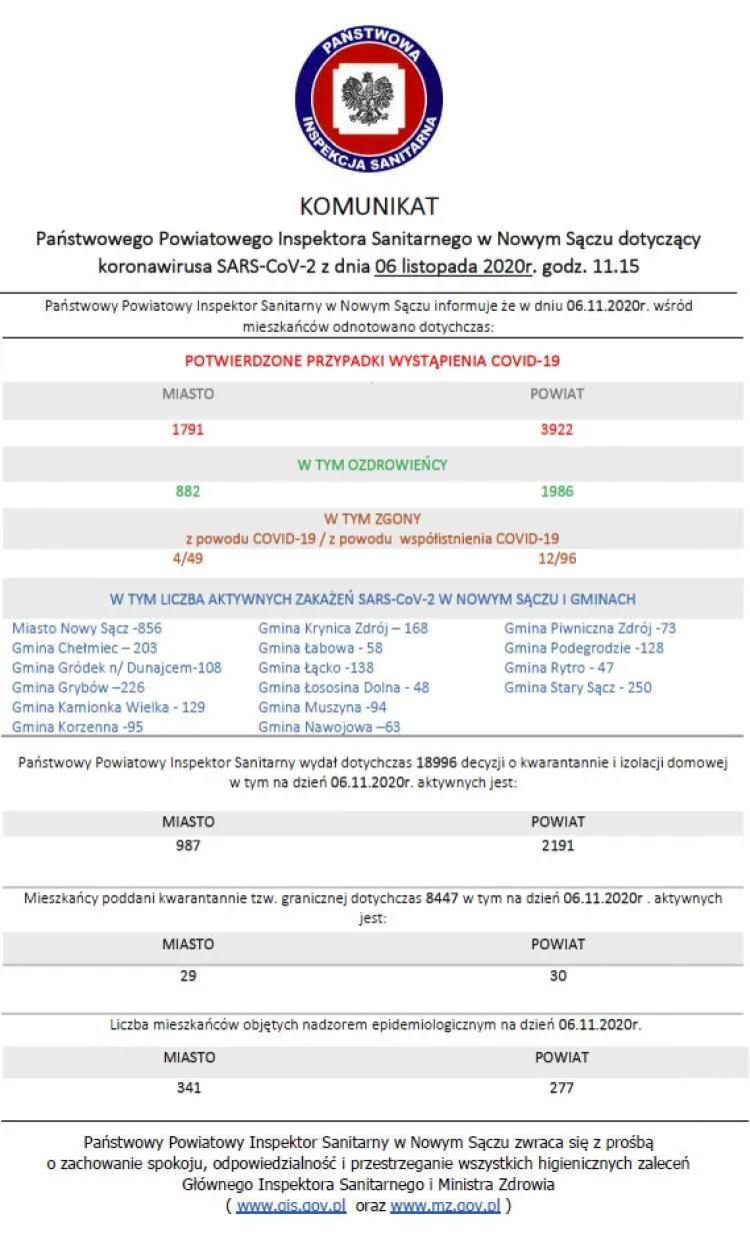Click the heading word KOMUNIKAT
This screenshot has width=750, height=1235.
[x=369, y=206]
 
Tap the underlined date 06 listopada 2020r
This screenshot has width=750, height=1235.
[x=456, y=267]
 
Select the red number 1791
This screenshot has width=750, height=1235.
[x=188, y=430]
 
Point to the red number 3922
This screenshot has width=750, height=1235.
[x=557, y=430]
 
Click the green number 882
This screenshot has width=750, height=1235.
[x=188, y=491]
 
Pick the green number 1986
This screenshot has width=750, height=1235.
[x=557, y=491]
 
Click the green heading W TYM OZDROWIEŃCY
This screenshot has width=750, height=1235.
[x=372, y=465]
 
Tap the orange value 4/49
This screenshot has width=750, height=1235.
[x=188, y=558]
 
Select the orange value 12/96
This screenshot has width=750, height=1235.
[x=557, y=558]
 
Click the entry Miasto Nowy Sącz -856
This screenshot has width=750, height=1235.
[x=87, y=628]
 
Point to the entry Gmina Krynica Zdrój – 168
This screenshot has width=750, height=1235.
[x=343, y=628]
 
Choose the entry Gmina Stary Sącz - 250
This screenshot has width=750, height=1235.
[x=578, y=687]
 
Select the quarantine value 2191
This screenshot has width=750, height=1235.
[x=557, y=845]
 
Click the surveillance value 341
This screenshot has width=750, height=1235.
[x=188, y=1087]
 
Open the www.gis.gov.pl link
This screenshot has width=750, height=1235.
[x=291, y=1206]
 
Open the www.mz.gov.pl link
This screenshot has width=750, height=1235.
[x=445, y=1206]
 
